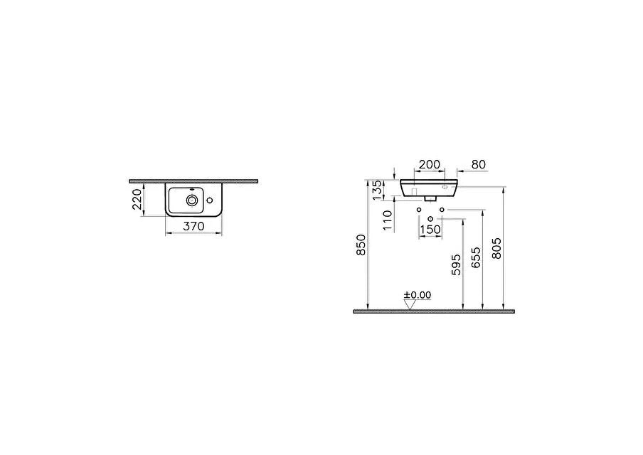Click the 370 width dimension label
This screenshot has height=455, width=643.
click(x=193, y=226)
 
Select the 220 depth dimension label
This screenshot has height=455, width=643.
click(x=137, y=199)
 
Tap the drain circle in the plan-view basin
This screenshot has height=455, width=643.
click(x=191, y=200)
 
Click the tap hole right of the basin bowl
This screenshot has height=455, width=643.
click(x=210, y=200)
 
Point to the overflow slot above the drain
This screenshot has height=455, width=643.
click(x=191, y=190)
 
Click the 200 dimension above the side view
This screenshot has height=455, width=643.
click(x=430, y=164)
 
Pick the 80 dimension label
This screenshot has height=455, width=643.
click(x=479, y=164)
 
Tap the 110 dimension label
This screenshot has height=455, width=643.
click(x=388, y=220)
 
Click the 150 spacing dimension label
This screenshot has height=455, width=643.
click(x=430, y=230)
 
